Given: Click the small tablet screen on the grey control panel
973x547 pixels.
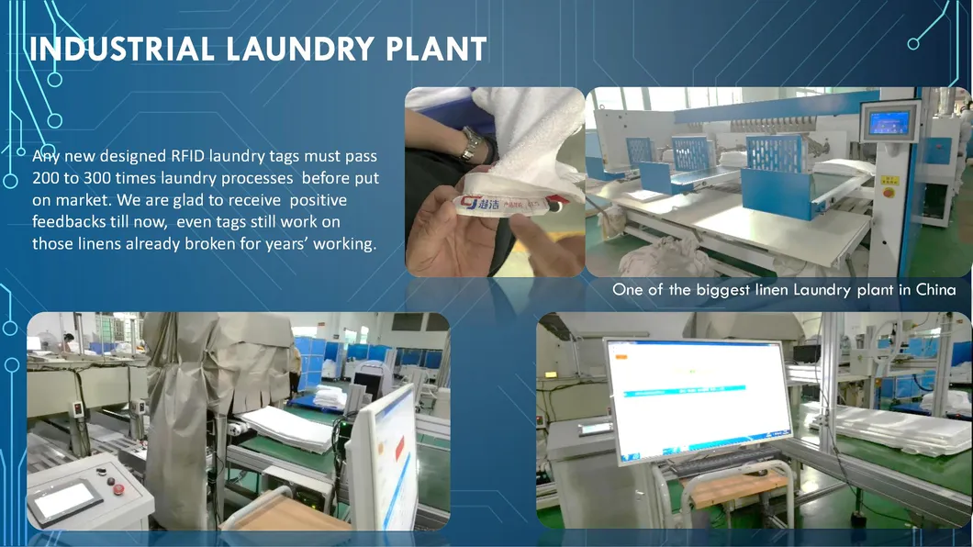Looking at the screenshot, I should pos(64,500).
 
